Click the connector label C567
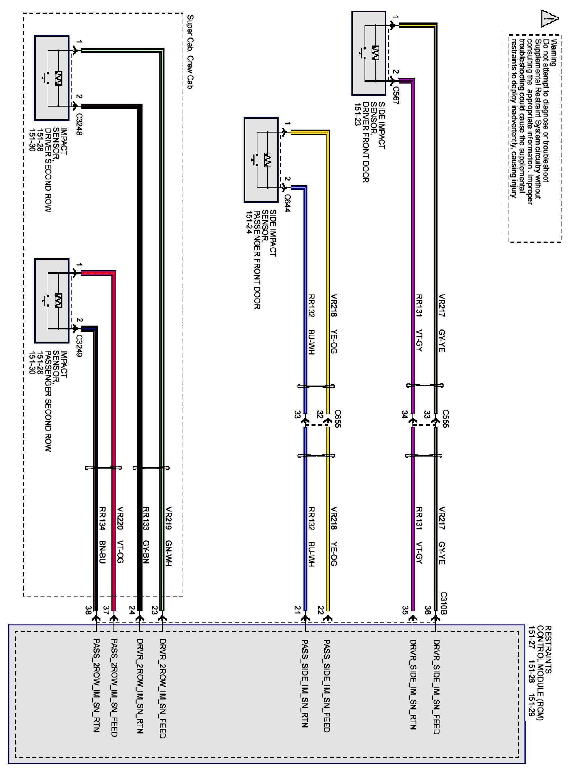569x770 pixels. click(395, 95)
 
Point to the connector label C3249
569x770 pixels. click(78, 346)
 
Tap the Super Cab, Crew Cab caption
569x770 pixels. click(190, 52)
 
